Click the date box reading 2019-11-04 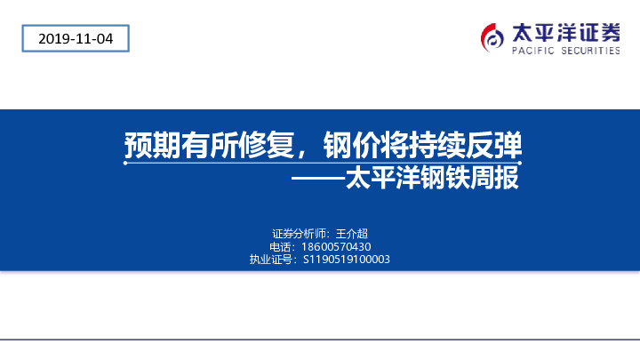[x=76, y=38]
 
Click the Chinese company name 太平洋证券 [x=565, y=32]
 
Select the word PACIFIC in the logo [x=532, y=52]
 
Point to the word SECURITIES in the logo [x=589, y=52]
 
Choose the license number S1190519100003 [x=347, y=260]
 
